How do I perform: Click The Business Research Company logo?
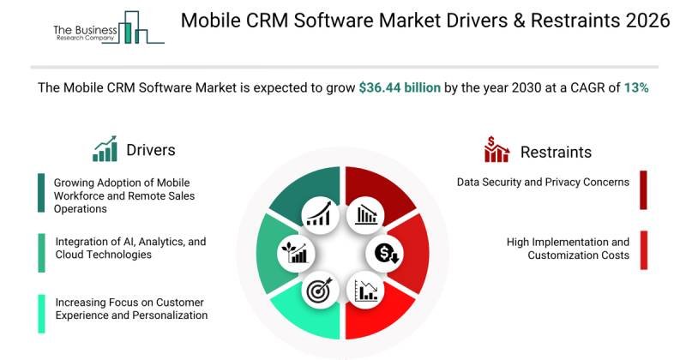point(106,28)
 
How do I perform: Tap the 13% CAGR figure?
point(635,87)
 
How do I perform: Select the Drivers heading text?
point(150,150)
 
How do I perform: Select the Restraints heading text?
point(556,153)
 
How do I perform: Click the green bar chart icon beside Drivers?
point(105,149)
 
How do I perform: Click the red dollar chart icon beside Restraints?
point(496,150)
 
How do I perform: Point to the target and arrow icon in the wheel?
point(317,291)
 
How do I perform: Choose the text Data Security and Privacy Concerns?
point(543,182)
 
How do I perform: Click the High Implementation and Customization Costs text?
point(568,249)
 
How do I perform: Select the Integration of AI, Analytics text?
point(130,249)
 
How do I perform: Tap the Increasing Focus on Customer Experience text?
point(131,309)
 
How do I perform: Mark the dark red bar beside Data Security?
point(643,189)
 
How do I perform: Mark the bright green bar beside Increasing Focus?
point(40,313)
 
